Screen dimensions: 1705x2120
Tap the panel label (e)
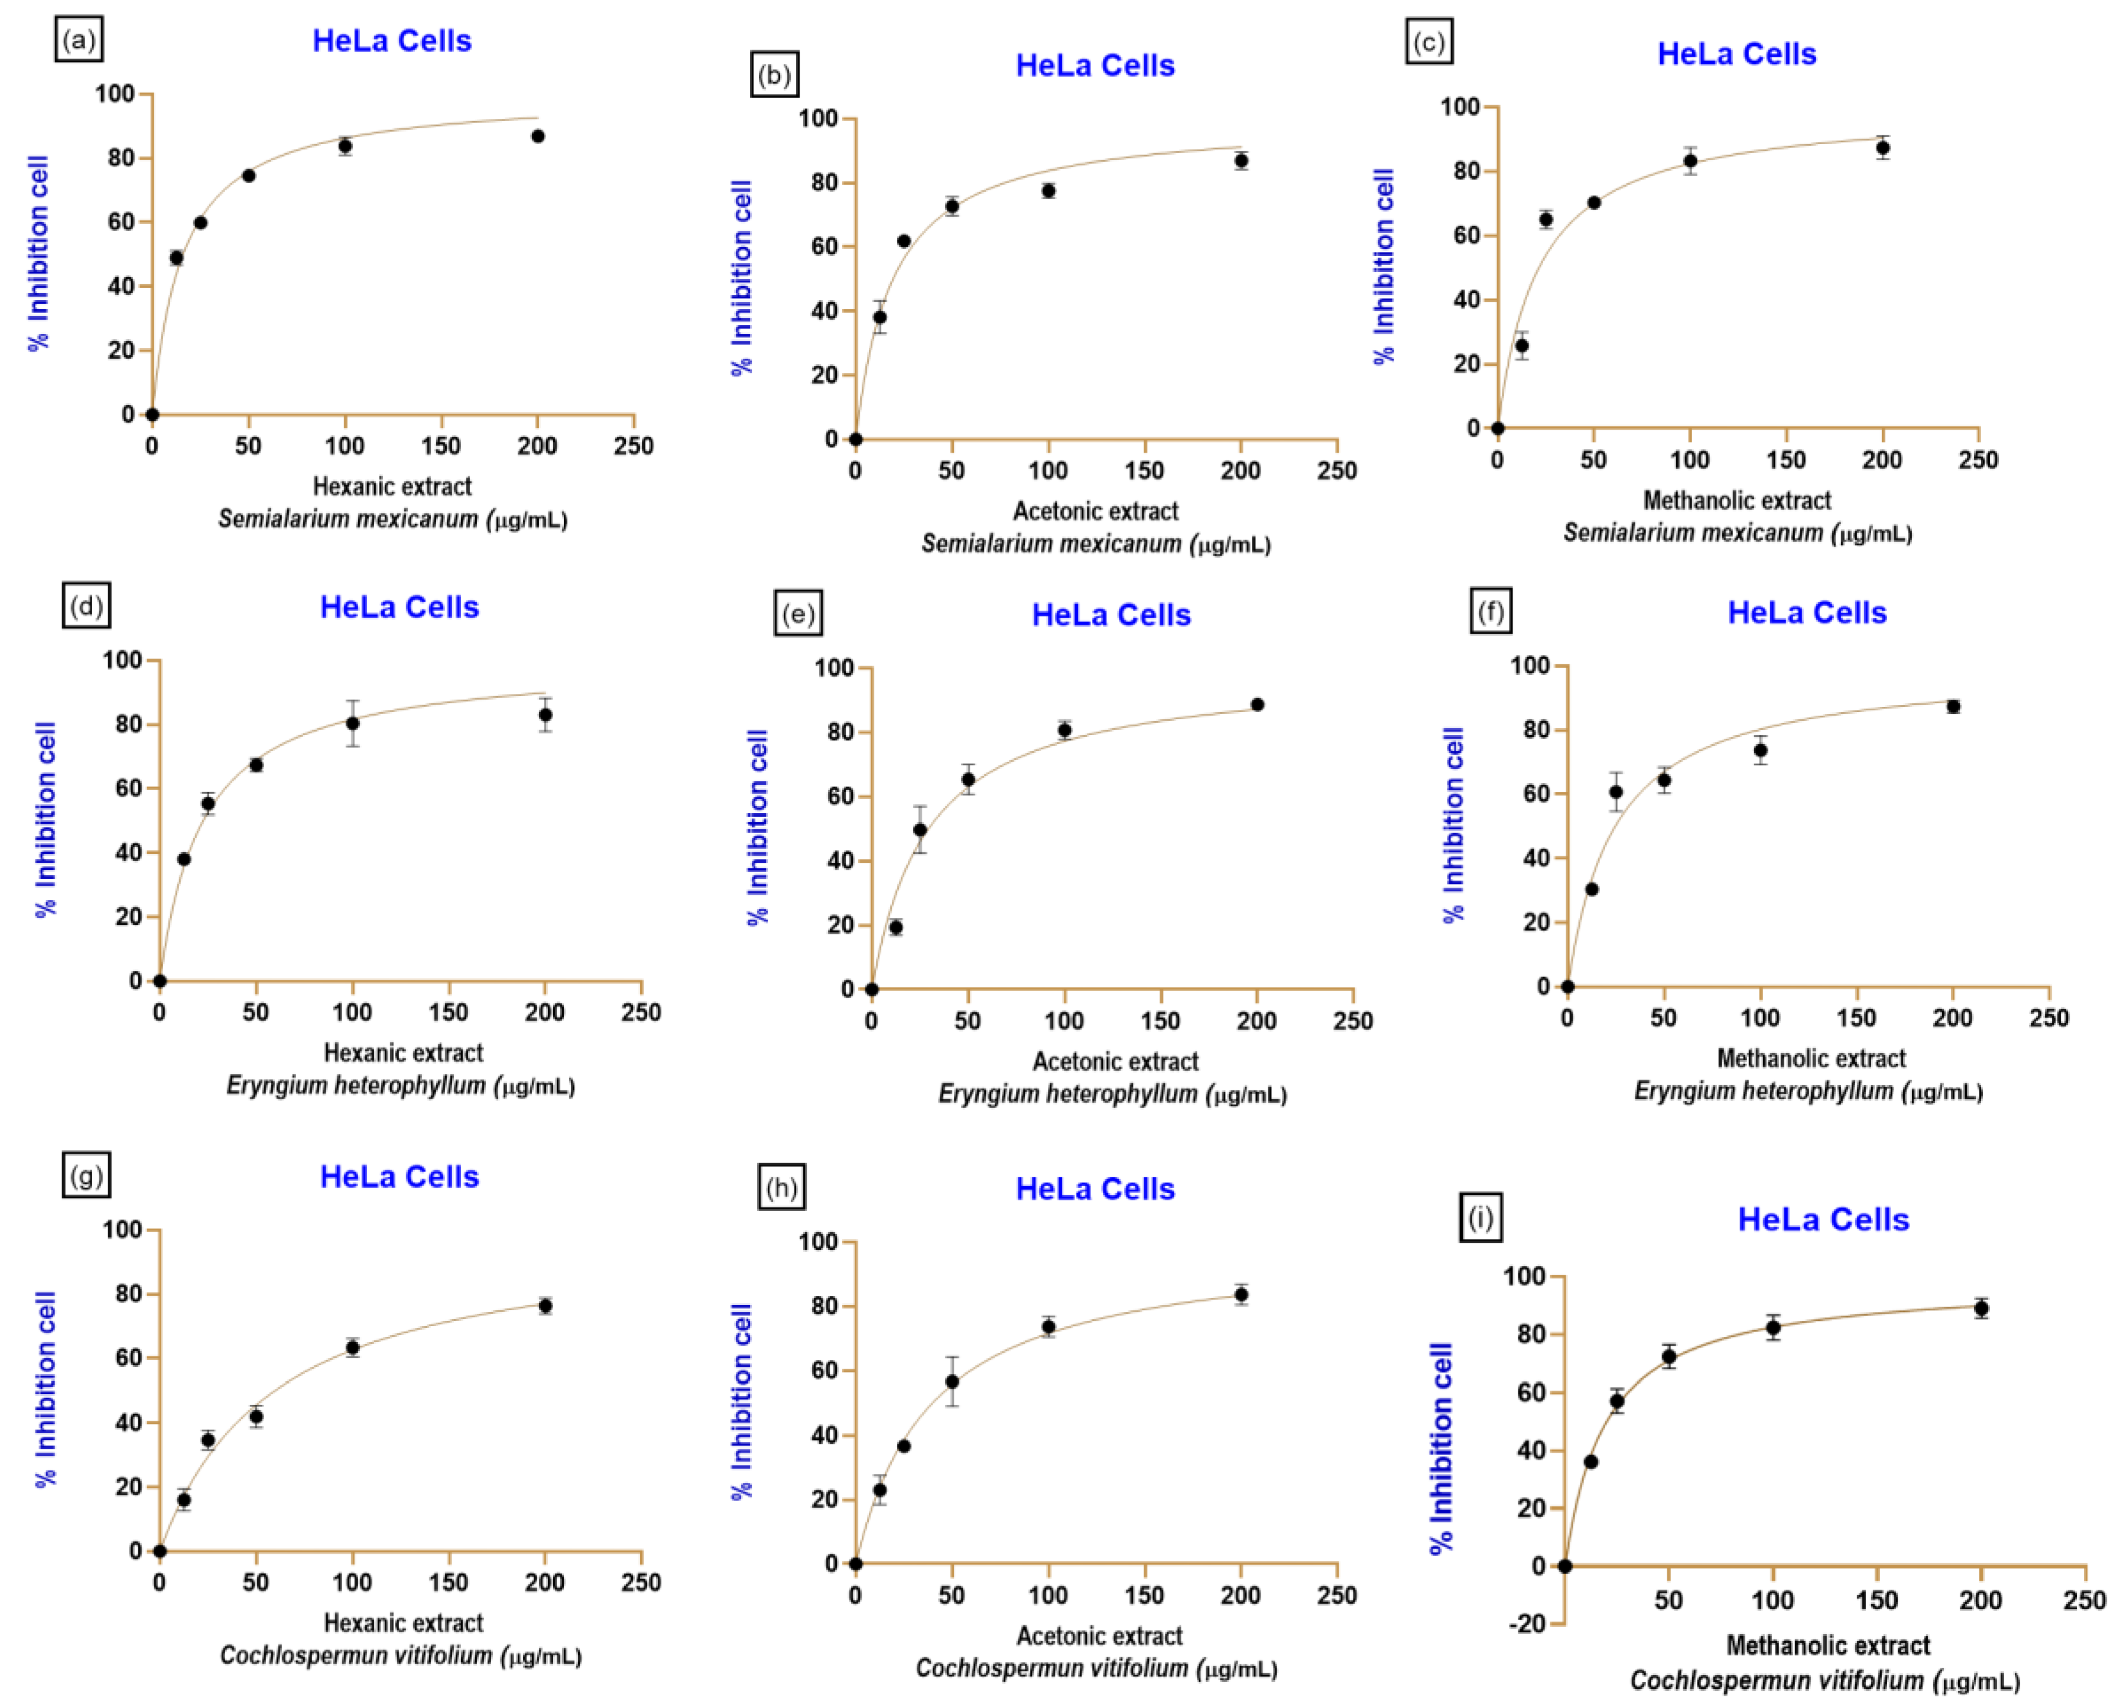(797, 615)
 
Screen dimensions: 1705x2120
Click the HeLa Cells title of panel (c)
(1736, 54)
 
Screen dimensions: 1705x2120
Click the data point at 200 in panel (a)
(538, 136)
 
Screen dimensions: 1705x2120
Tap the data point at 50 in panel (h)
(952, 1382)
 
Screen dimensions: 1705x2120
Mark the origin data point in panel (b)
(855, 440)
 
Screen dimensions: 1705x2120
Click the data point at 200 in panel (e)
(1257, 705)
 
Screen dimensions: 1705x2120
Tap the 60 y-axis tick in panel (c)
(1466, 235)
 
